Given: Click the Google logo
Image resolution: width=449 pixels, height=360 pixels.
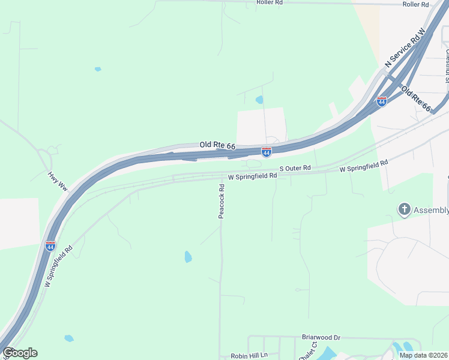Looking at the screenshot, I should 20,353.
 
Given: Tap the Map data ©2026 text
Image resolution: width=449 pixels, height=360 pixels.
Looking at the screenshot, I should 423,355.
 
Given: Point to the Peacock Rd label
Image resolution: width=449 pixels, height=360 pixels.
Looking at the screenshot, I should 221,200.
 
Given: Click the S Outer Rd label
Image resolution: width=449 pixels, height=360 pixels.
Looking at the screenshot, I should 295,168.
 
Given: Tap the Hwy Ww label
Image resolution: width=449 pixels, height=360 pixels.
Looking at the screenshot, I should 58,182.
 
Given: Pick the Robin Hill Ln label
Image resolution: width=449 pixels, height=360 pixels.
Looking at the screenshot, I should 249,356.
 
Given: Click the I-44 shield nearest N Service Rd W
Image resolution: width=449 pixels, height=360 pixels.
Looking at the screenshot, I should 381,101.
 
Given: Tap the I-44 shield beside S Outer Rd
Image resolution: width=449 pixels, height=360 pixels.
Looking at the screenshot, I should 266,152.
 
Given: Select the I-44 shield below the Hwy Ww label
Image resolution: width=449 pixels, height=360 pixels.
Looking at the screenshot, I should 50,247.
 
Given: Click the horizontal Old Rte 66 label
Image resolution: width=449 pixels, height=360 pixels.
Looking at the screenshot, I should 217,146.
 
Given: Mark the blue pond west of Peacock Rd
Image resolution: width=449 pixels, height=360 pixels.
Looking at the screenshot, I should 188,257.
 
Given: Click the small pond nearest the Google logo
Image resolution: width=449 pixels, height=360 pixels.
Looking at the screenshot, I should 69,338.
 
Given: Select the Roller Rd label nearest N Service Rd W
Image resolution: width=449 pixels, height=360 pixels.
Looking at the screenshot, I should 415,4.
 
